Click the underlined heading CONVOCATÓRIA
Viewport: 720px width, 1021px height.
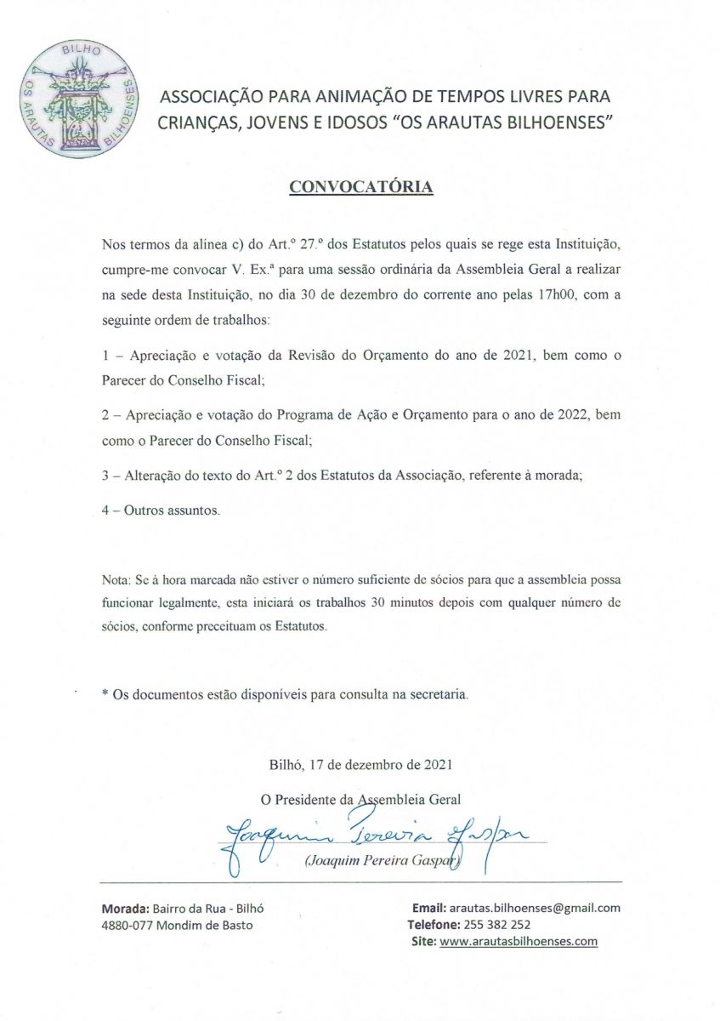[361, 186]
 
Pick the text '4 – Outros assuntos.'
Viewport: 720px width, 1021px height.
[161, 510]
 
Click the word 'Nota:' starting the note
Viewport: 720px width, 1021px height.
[117, 579]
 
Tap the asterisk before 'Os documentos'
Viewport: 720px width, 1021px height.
[105, 695]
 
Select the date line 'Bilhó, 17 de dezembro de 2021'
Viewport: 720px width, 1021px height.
[360, 764]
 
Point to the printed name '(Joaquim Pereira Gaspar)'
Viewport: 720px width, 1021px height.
[382, 863]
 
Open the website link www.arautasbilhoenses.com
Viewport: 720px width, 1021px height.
[519, 941]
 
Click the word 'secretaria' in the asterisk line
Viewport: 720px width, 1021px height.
[439, 695]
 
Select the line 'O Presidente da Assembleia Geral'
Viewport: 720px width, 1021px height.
[360, 799]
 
